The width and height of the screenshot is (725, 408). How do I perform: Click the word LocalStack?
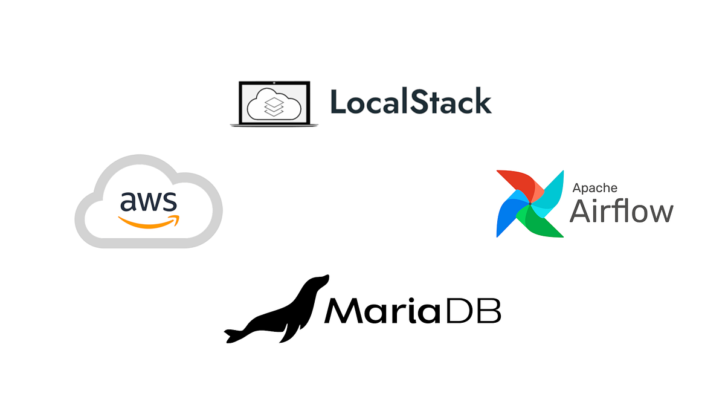click(x=411, y=102)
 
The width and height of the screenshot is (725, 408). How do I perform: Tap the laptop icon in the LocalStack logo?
click(x=274, y=104)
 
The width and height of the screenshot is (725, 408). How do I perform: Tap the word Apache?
click(x=594, y=188)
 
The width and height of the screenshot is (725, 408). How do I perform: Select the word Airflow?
click(x=621, y=211)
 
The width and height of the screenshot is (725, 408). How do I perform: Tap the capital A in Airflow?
click(x=581, y=211)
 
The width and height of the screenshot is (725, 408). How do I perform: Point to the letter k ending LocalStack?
click(x=482, y=102)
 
